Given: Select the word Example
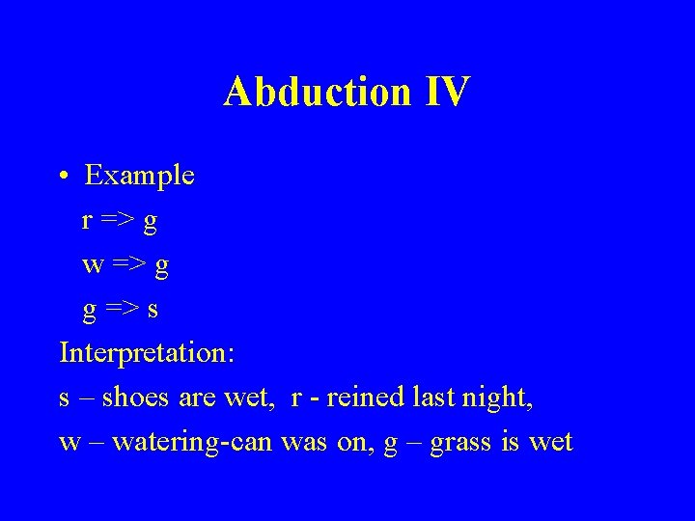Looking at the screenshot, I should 139,176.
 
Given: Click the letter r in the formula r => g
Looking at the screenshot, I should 87,221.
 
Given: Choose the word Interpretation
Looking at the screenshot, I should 146,353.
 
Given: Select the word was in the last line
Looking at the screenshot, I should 301,442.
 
